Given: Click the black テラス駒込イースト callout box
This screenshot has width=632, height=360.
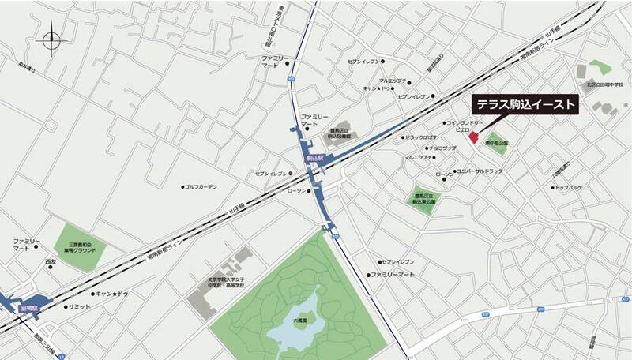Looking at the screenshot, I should pos(525,106).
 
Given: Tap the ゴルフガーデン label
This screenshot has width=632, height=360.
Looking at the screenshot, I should pos(201,187).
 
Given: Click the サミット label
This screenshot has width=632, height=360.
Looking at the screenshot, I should pos(79,306).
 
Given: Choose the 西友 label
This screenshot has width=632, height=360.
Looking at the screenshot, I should pos(51,261).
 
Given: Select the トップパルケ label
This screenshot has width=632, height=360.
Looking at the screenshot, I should pos(570,188).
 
